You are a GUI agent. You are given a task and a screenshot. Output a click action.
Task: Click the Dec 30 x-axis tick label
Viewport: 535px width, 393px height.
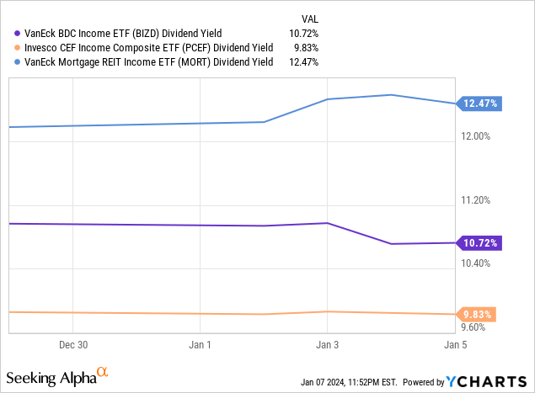pyautogui.click(x=72, y=345)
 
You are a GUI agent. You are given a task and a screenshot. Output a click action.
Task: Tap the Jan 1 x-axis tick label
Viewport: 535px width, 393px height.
pyautogui.click(x=200, y=345)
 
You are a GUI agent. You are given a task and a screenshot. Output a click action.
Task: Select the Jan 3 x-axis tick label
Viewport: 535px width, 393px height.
pyautogui.click(x=327, y=345)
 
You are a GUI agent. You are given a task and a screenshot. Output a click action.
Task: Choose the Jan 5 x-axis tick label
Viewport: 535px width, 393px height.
pyautogui.click(x=455, y=345)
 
